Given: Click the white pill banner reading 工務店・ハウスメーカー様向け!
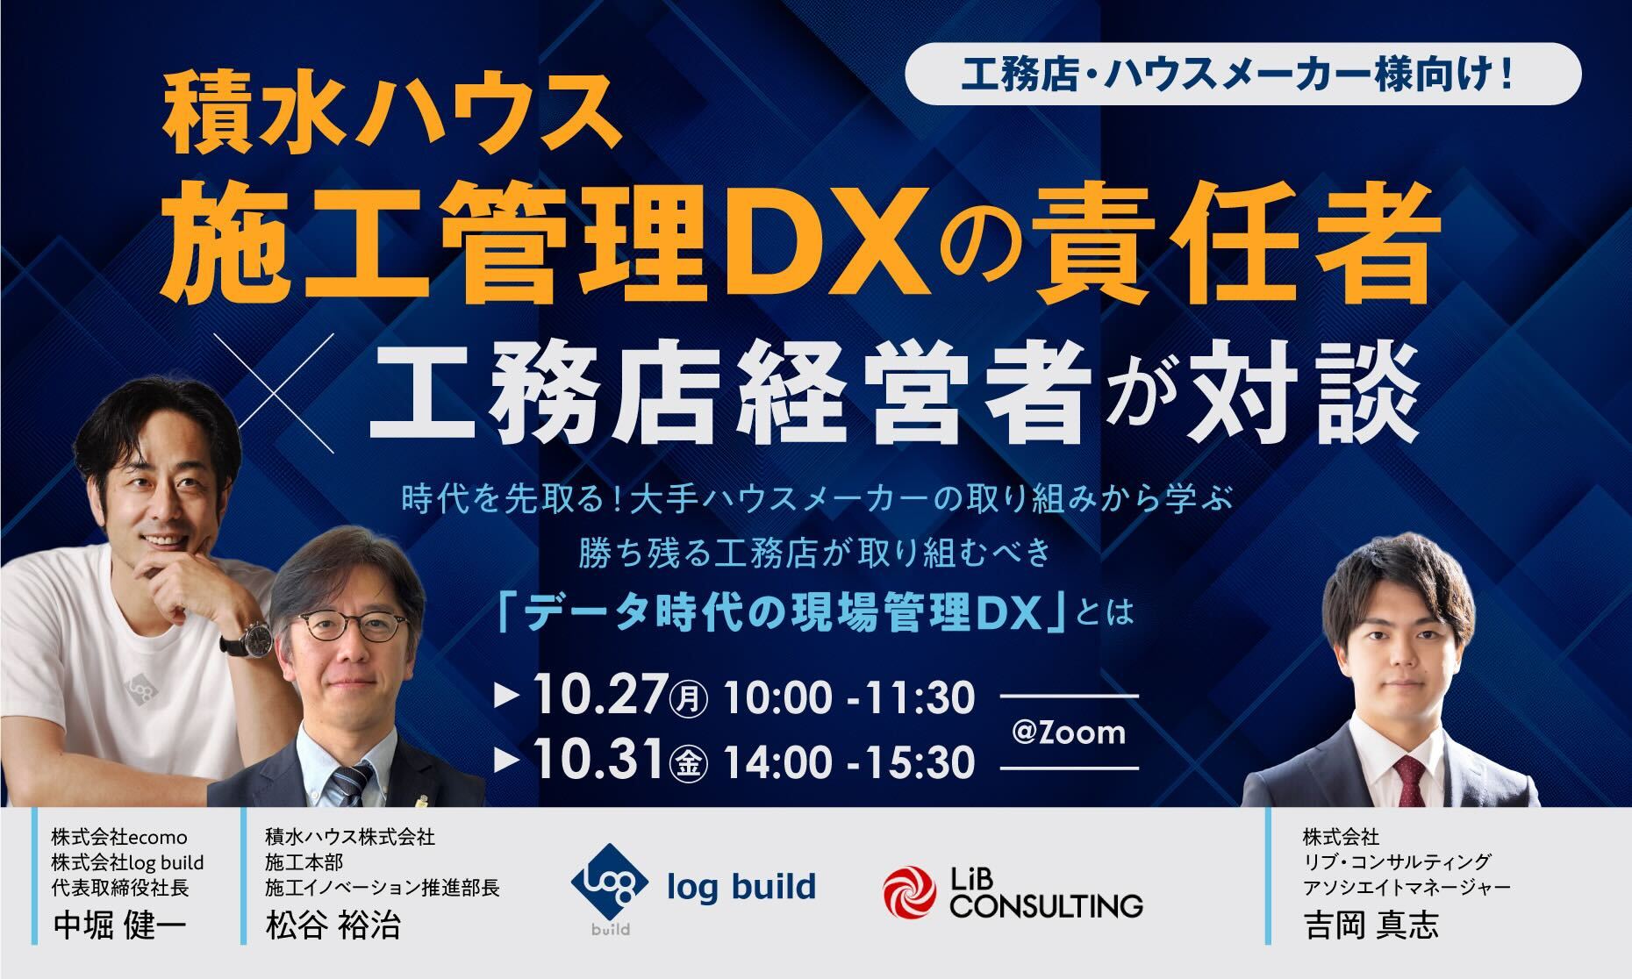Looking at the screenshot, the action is pyautogui.click(x=1242, y=74).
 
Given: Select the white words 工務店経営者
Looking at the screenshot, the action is pyautogui.click(x=724, y=399).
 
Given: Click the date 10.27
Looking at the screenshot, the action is pyautogui.click(x=598, y=697).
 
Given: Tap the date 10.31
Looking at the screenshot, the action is pyautogui.click(x=598, y=761).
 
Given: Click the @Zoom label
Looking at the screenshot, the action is pyautogui.click(x=1068, y=732).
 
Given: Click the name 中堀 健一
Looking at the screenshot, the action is pyautogui.click(x=119, y=926).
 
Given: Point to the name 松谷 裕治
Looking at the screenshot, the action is pyautogui.click(x=333, y=926).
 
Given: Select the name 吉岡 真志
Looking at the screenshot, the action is pyautogui.click(x=1371, y=926).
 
